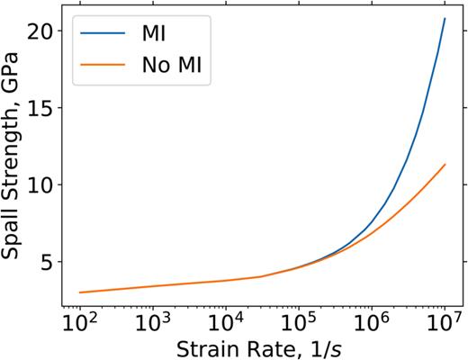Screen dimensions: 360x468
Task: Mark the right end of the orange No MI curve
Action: pos(445,165)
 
